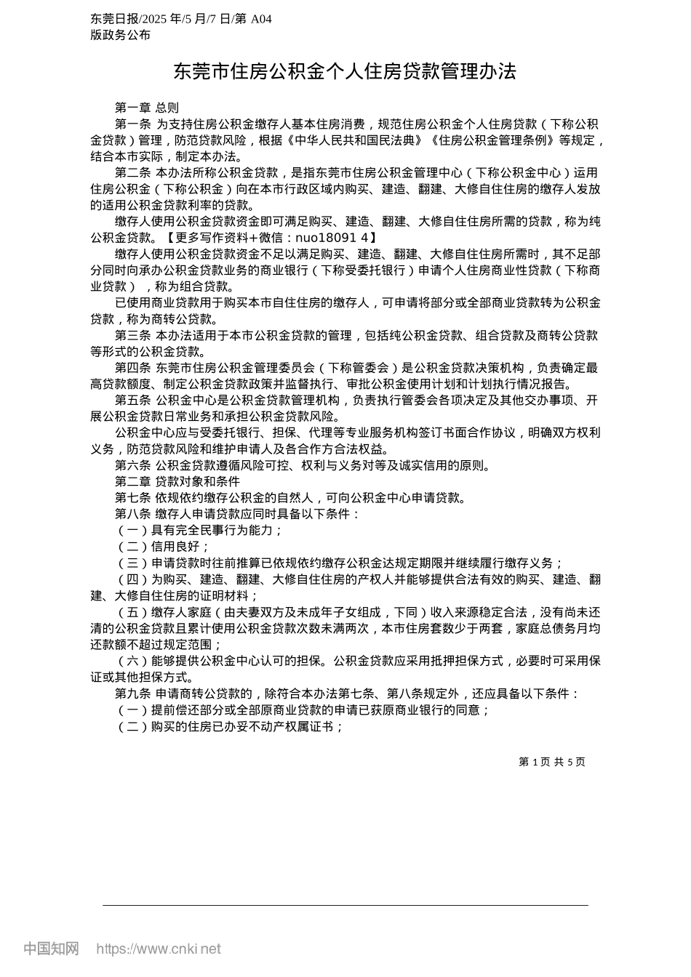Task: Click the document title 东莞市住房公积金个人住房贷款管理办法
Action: point(344,71)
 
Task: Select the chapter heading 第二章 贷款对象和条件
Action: point(177,481)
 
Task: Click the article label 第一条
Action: point(132,124)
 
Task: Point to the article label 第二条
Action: point(132,172)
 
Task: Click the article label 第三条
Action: point(132,335)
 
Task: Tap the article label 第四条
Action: point(132,368)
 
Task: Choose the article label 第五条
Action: point(132,401)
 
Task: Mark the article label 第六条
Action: point(132,465)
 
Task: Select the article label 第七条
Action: point(132,498)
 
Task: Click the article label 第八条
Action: point(132,514)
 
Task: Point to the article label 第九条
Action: point(132,693)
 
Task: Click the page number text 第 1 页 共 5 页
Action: point(551,762)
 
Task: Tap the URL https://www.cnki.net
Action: point(158,949)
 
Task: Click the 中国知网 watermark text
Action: point(51,949)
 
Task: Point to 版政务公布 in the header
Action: point(121,35)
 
